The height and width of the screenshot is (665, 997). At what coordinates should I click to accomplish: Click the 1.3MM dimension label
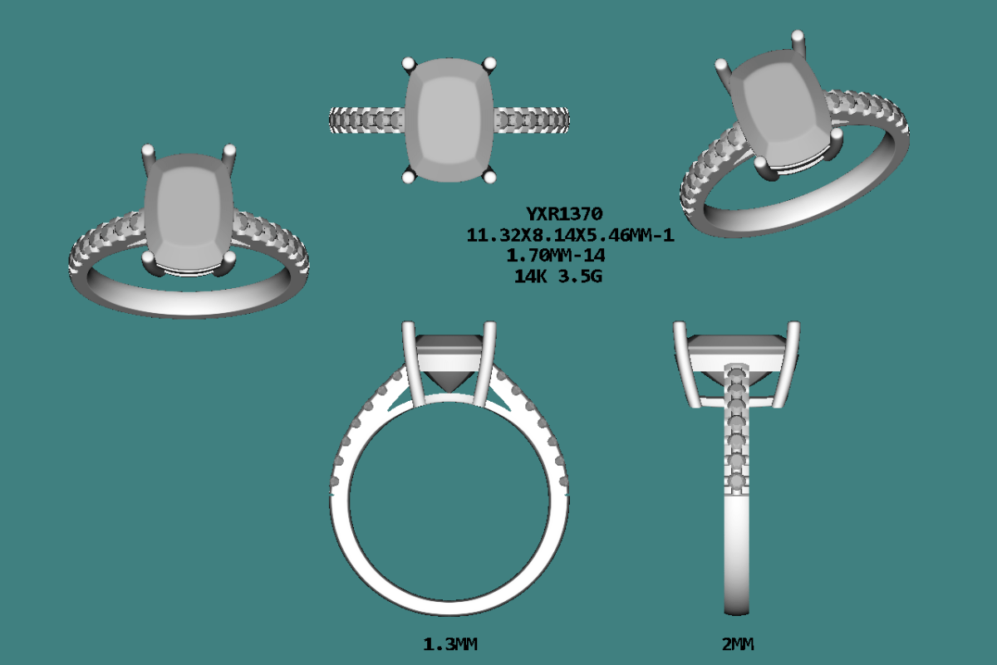[450, 644]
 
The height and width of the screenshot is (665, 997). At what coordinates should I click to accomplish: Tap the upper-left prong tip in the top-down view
[408, 63]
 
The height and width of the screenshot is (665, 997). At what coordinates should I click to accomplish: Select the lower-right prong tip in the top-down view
[490, 175]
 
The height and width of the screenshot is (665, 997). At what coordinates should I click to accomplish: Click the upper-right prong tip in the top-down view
[490, 62]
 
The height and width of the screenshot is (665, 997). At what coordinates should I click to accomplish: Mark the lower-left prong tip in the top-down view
[408, 176]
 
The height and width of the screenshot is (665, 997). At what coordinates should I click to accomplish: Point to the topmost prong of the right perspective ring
[798, 37]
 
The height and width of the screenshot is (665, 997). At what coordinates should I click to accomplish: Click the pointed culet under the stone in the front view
[449, 384]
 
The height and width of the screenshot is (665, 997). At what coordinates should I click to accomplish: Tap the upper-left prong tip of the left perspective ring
[149, 152]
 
